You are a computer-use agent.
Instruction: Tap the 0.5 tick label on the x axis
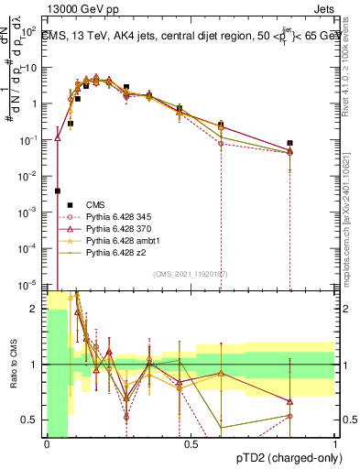(x=191, y=444)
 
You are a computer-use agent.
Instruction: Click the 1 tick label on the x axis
(x=335, y=444)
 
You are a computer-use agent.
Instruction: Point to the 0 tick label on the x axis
(x=47, y=444)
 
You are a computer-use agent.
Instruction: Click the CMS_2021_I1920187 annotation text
(x=190, y=273)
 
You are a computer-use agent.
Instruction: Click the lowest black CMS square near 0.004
(x=58, y=191)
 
